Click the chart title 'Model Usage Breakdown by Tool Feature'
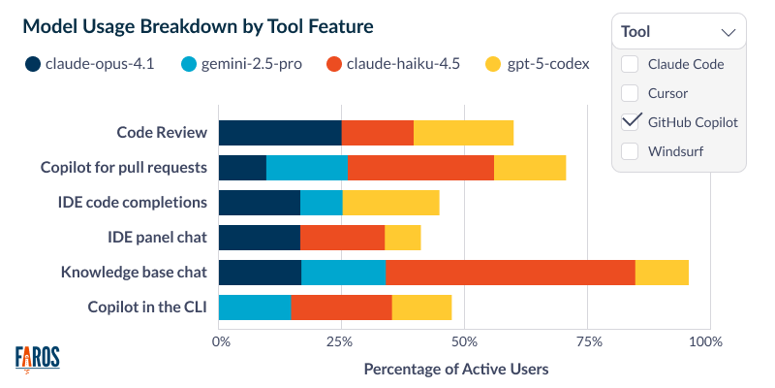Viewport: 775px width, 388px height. coord(198,26)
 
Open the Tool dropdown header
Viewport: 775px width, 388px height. coord(678,31)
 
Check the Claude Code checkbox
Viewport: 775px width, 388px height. coord(630,65)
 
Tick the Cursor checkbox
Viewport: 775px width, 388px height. coord(630,94)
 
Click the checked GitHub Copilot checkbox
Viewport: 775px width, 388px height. coord(630,122)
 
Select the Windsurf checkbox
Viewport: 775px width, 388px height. coord(630,151)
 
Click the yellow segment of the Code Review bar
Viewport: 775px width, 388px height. coord(463,133)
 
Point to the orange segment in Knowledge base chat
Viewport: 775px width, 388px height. coord(510,273)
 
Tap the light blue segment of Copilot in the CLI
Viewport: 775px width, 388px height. coord(255,307)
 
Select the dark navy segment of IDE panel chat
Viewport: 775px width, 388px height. coord(259,238)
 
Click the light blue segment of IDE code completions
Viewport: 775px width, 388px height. coord(321,203)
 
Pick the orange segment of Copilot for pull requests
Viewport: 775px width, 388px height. coord(420,168)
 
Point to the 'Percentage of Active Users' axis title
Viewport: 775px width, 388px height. coord(455,370)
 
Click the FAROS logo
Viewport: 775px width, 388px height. coord(38,358)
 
